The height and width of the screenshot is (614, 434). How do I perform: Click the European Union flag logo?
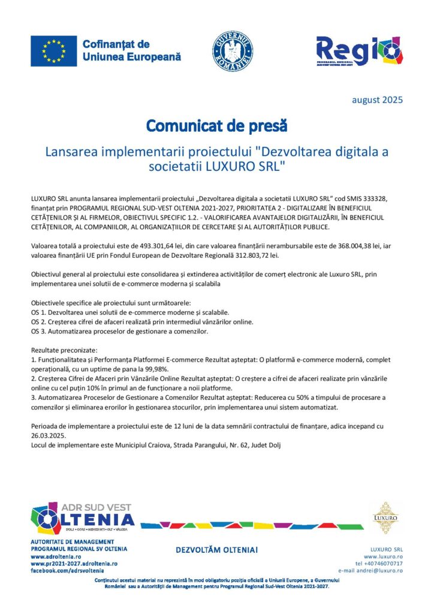[x=53, y=51]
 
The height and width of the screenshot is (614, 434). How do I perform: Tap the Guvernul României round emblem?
[x=233, y=52]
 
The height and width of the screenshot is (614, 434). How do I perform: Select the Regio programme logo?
[x=359, y=52]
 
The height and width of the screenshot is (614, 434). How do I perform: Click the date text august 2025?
[x=377, y=100]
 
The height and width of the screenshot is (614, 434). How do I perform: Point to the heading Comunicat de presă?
[x=217, y=127]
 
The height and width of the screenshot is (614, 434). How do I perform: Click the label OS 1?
[x=38, y=312]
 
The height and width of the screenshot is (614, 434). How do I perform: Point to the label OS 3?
[x=38, y=331]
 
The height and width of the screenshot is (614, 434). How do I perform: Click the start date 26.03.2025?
[x=49, y=435]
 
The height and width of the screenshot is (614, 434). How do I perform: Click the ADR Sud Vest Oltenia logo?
[x=83, y=519]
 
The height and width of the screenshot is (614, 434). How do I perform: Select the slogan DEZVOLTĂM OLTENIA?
[x=216, y=550]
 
